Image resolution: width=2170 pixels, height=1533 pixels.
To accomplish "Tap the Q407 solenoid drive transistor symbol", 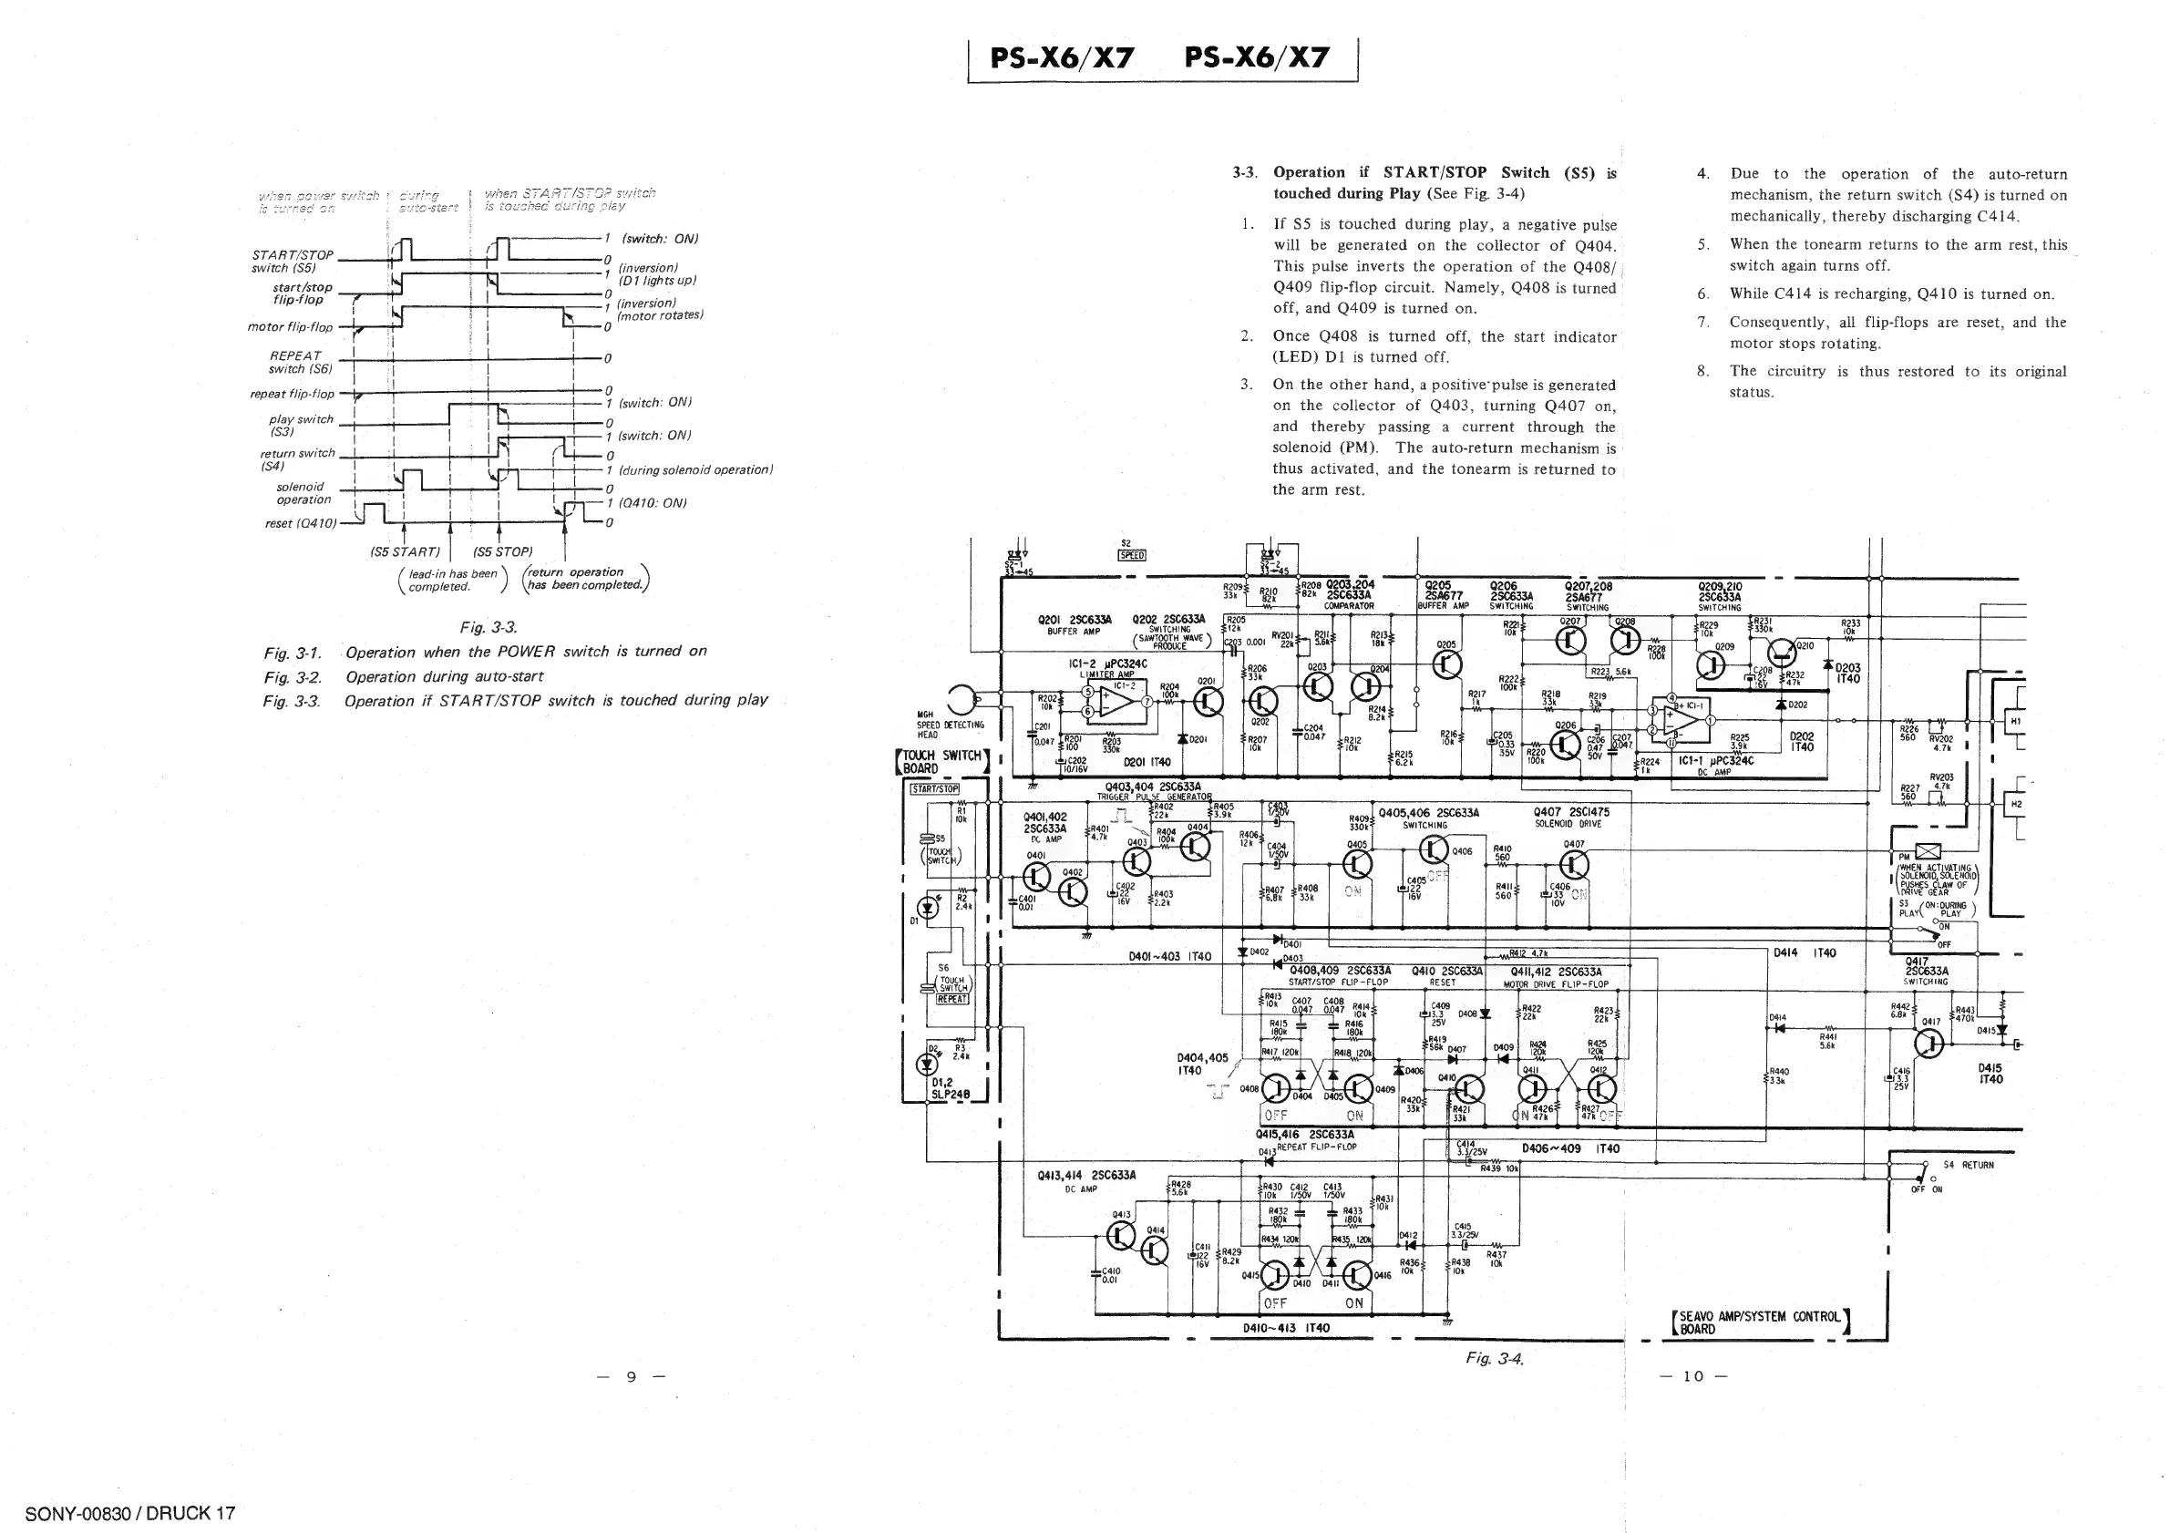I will (x=1574, y=864).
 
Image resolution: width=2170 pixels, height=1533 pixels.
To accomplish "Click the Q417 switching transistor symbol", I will (x=1929, y=1043).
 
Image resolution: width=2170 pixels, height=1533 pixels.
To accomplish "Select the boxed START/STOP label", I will (x=934, y=788).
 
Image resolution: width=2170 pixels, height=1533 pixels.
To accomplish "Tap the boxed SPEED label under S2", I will (x=1132, y=555).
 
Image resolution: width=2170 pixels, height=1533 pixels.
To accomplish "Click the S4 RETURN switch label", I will (x=1968, y=1165).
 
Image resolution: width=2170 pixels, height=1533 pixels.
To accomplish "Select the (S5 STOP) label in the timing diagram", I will (x=503, y=552).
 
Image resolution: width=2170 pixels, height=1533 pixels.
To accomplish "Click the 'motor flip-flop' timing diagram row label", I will (x=290, y=327).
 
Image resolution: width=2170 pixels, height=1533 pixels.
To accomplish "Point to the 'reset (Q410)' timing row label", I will (x=301, y=522).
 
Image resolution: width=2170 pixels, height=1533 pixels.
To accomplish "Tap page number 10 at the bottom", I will (x=1692, y=1376).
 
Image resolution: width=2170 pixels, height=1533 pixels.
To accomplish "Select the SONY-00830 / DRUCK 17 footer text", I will (x=129, y=1513).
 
